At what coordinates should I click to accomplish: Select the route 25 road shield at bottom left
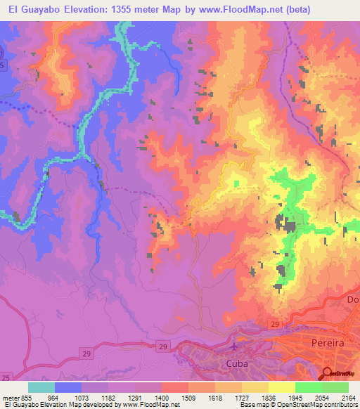tap(6, 379)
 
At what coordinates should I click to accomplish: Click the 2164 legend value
tap(348, 397)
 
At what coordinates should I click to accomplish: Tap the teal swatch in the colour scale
tap(41, 387)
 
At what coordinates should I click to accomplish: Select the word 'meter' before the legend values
tap(9, 397)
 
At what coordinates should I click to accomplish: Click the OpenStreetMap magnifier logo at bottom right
tap(328, 373)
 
